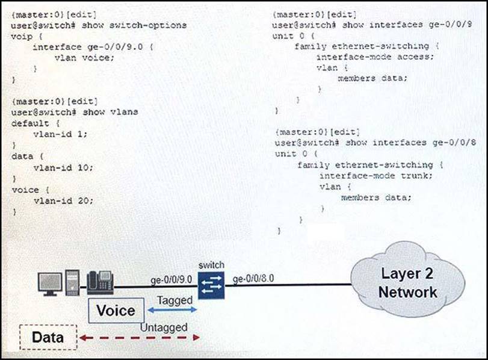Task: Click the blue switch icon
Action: (x=211, y=285)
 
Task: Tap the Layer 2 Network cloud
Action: (x=408, y=281)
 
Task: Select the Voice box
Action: (x=116, y=311)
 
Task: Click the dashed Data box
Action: (x=48, y=337)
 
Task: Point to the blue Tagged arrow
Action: (x=172, y=309)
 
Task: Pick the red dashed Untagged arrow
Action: (x=140, y=338)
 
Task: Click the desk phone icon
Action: (x=100, y=282)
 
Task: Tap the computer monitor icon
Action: (x=50, y=284)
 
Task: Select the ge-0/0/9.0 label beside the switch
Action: (x=171, y=280)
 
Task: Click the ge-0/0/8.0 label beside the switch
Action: (x=253, y=278)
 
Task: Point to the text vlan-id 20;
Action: (x=63, y=201)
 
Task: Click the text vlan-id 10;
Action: (x=63, y=167)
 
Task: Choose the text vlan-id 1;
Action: (x=60, y=134)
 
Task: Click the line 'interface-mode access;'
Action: (x=375, y=57)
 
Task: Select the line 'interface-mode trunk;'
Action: (x=376, y=176)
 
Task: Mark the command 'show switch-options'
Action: (x=134, y=25)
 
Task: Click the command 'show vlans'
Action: (x=110, y=112)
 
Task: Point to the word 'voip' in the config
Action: (x=22, y=37)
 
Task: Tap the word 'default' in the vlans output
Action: (x=30, y=123)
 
